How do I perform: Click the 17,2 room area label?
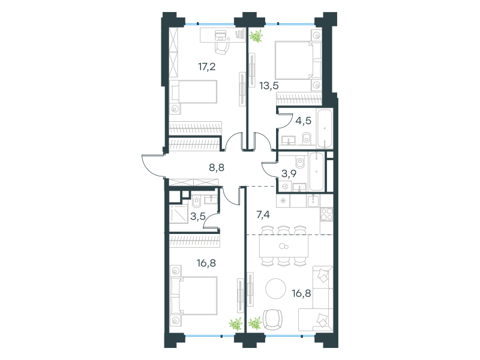tap(207, 67)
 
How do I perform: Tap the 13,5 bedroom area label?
tap(269, 86)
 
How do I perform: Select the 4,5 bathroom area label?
tap(304, 121)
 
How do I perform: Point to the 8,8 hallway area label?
tap(217, 167)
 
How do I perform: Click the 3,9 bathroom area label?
tap(289, 173)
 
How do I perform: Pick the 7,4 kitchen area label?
tap(263, 215)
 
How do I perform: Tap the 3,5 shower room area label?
tap(198, 217)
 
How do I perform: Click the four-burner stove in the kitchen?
tap(326, 214)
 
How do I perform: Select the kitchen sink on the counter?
tap(313, 200)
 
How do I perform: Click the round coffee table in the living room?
tap(276, 289)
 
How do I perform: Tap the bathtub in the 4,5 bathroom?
tap(325, 128)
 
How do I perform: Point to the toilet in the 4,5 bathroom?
tap(307, 139)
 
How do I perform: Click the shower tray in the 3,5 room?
tap(178, 214)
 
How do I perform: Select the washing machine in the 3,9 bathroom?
tap(285, 186)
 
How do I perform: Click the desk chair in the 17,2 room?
tap(221, 48)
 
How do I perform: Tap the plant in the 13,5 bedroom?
tap(256, 36)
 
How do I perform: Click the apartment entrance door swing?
tap(152, 166)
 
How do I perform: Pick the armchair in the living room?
tap(272, 319)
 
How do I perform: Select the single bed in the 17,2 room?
tap(193, 92)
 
